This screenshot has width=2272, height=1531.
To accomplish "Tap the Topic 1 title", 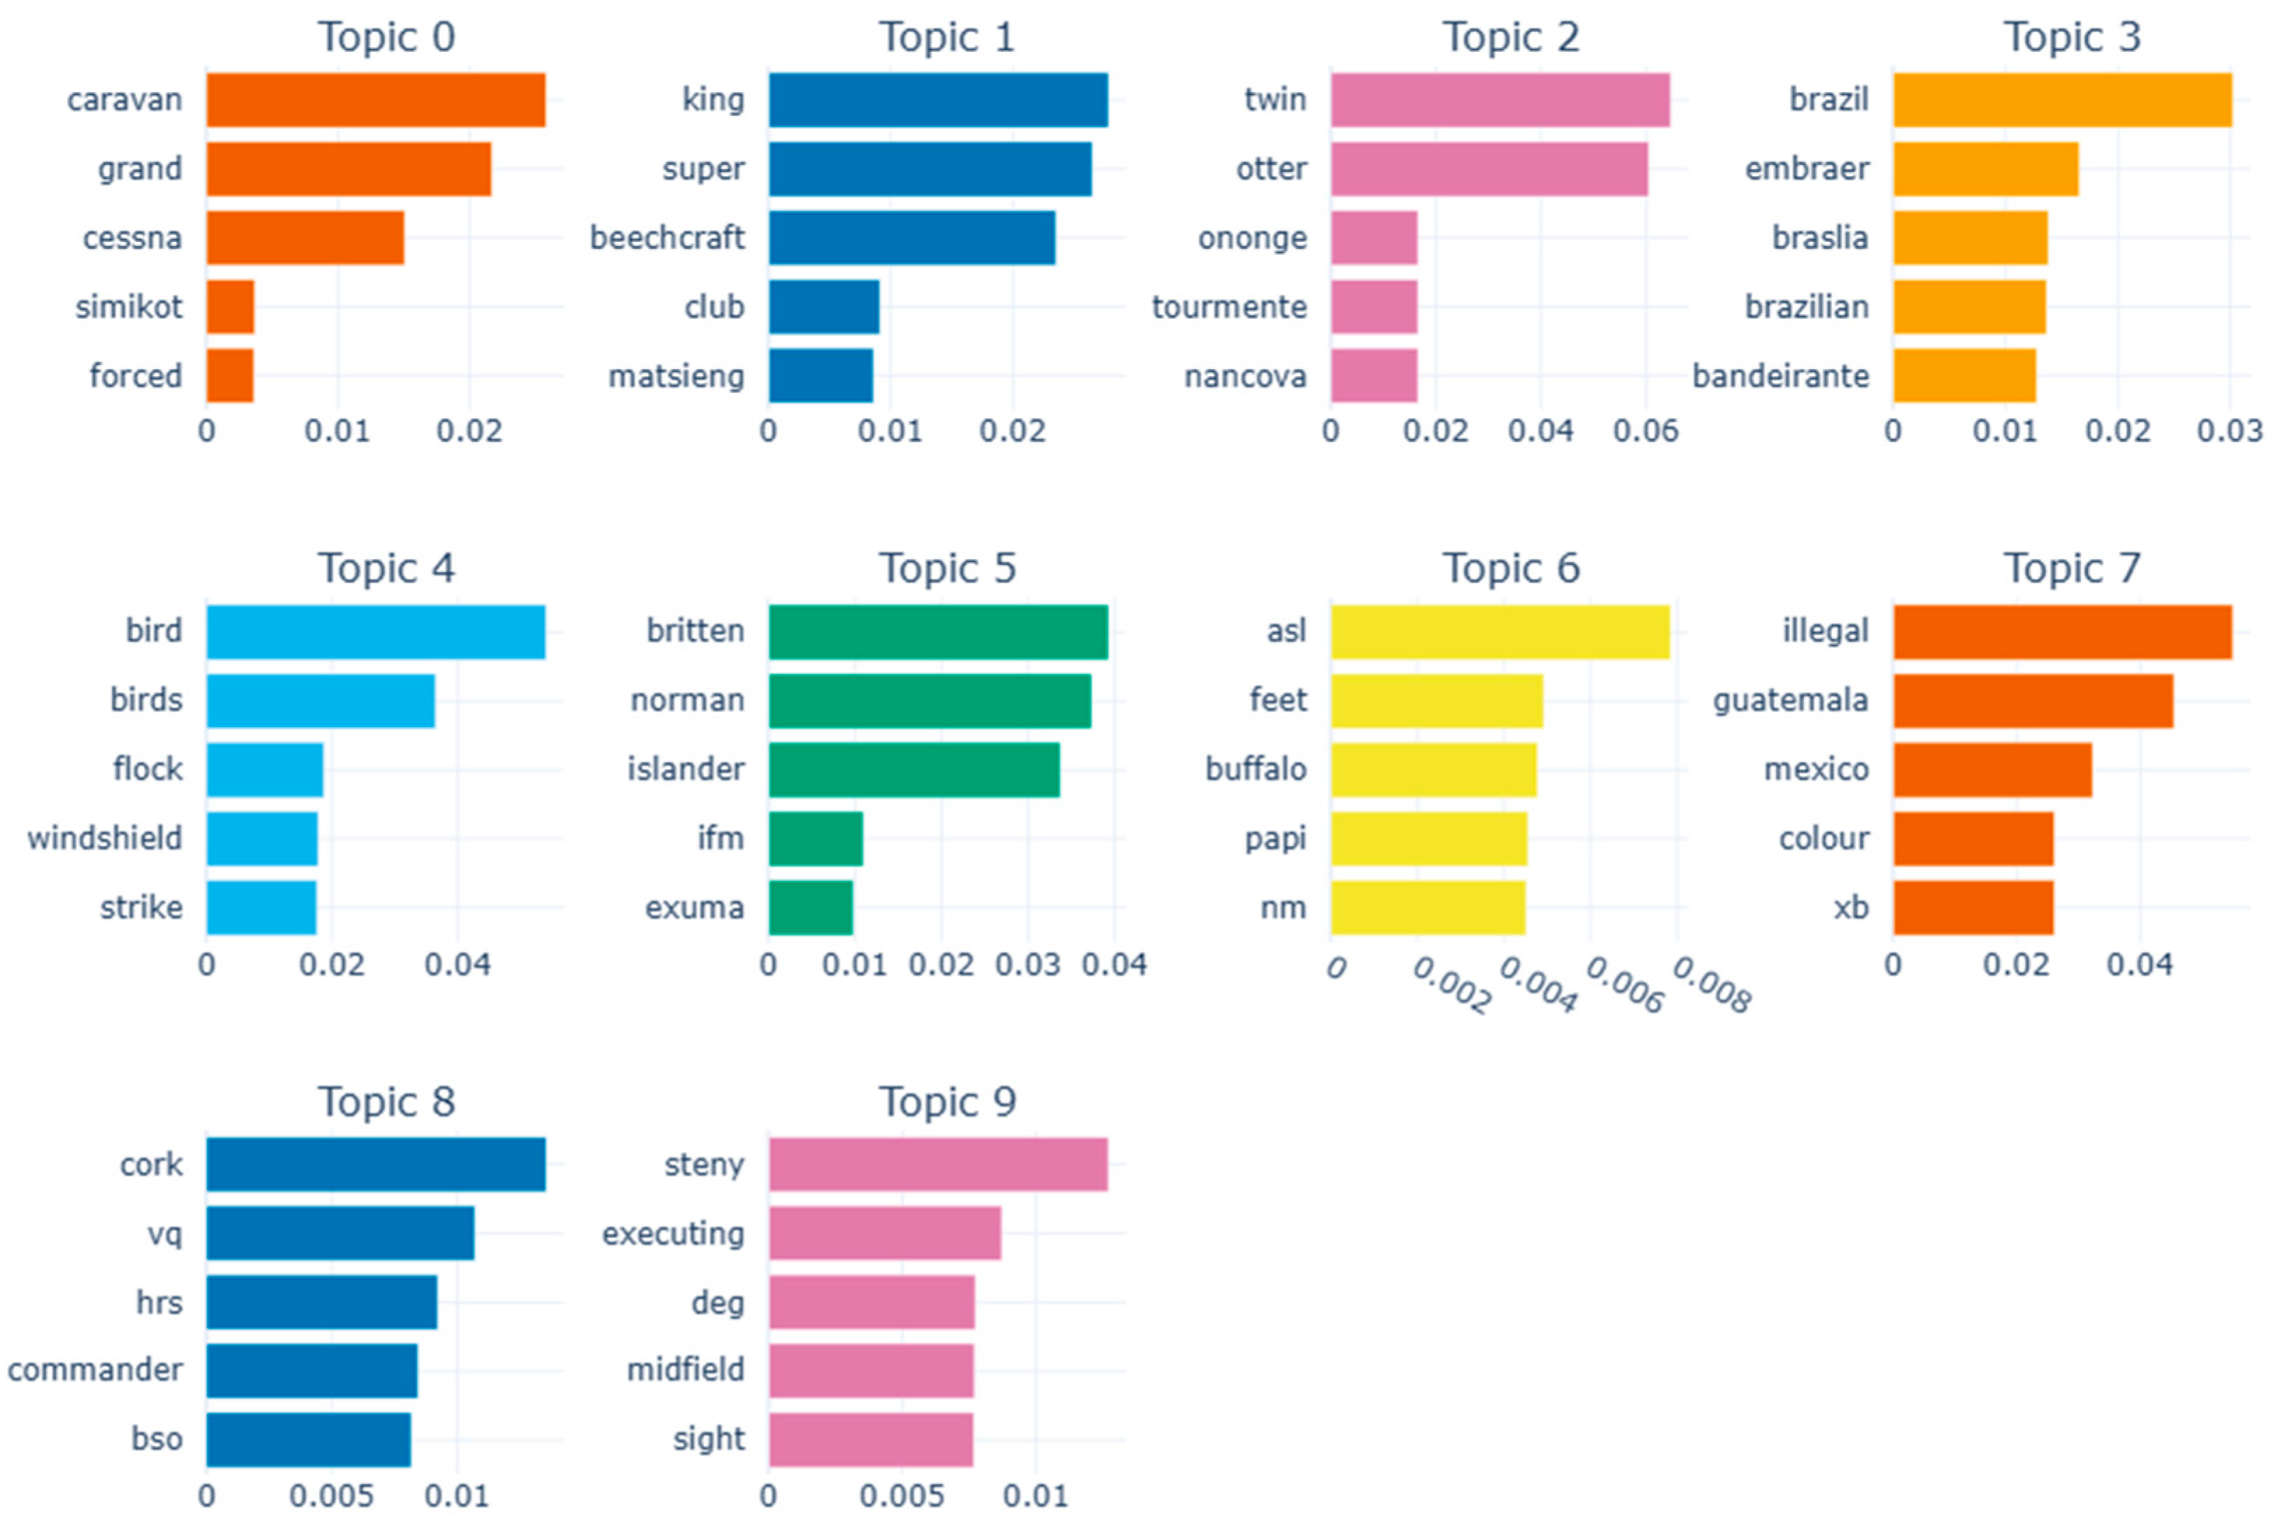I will [x=946, y=37].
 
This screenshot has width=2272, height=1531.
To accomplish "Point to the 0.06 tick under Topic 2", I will [x=1645, y=431].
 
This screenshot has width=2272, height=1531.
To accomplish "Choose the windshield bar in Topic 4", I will [x=261, y=838].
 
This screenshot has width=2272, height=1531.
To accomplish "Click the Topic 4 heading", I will [x=386, y=568].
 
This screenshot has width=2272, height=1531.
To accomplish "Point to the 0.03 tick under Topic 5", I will [x=1027, y=964].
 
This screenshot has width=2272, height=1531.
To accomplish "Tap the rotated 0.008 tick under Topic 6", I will [x=1711, y=984].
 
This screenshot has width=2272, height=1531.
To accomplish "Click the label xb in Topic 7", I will [x=1850, y=907].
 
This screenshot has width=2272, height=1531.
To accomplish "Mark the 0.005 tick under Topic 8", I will [x=331, y=1496].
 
